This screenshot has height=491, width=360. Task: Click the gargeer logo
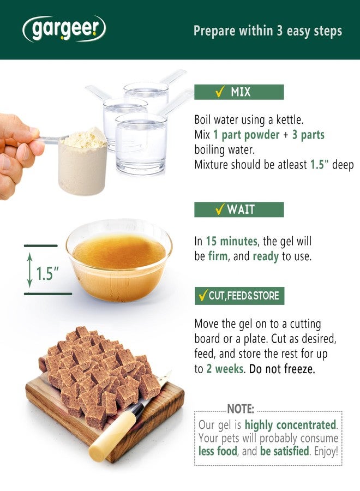click(64, 29)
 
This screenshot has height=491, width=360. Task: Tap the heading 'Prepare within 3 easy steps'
click(268, 31)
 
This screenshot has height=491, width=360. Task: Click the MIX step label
click(239, 92)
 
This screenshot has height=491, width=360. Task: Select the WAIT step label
click(239, 209)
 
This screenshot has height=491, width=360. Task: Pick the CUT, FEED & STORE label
click(239, 296)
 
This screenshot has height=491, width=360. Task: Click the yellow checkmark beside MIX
click(220, 92)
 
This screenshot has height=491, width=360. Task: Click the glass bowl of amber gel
click(119, 260)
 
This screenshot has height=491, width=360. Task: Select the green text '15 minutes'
click(231, 241)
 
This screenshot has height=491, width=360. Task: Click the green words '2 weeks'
click(225, 369)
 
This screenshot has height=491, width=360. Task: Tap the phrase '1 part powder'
click(247, 135)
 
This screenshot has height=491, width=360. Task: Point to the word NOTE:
click(241, 409)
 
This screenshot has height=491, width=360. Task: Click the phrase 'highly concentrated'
click(290, 425)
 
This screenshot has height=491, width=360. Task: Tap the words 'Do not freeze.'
click(282, 369)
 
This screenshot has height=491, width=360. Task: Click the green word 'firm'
click(218, 256)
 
